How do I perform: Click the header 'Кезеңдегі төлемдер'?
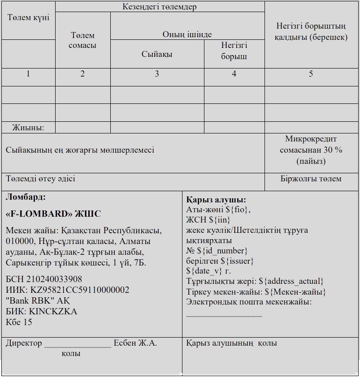[160, 7]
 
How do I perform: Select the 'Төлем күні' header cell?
[28, 17]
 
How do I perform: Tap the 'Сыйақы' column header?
[157, 54]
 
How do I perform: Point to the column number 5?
[311, 74]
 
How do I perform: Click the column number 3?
[157, 74]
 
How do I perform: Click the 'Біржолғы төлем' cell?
[311, 179]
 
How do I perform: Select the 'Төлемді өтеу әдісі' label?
[40, 179]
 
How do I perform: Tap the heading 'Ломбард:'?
[26, 197]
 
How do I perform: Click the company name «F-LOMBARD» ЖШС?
[53, 214]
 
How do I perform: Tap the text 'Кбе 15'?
[19, 321]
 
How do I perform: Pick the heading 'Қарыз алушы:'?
[216, 200]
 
